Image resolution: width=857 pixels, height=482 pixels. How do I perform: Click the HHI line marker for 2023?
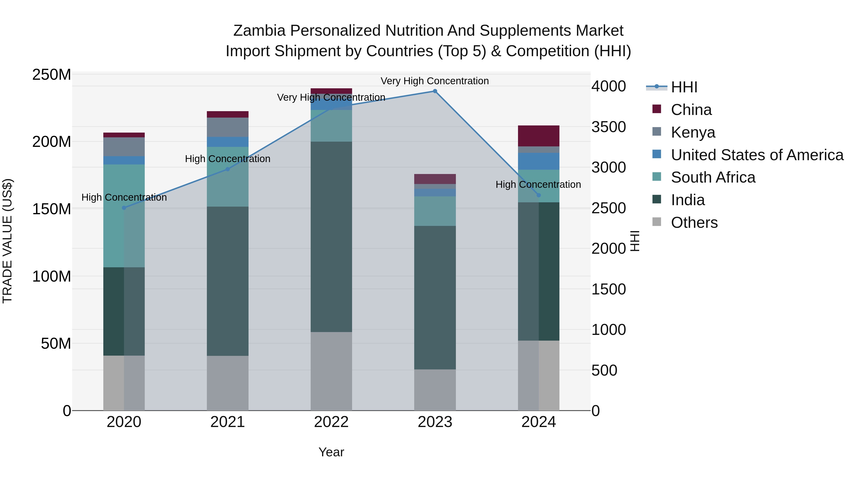(435, 91)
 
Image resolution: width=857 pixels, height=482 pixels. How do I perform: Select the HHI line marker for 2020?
(124, 208)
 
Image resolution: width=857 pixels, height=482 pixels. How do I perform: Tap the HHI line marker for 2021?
(228, 169)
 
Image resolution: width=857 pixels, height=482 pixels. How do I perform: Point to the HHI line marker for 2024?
(539, 195)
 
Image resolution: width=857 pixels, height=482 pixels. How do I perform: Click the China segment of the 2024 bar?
(539, 136)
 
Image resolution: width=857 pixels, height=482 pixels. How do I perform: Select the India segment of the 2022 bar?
(331, 237)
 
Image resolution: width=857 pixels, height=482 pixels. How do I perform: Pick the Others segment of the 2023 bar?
(435, 390)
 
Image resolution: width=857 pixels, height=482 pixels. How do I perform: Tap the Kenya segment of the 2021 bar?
(228, 127)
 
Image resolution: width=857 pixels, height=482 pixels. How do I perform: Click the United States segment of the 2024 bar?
(539, 161)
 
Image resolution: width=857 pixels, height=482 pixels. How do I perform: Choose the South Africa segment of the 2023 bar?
(435, 211)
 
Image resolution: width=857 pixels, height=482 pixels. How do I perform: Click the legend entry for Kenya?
(693, 132)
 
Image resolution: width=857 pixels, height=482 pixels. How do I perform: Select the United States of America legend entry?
(757, 155)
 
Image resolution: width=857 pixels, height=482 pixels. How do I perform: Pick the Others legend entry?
(694, 223)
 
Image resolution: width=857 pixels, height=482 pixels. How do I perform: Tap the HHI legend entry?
(684, 87)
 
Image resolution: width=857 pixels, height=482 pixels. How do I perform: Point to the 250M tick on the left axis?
(52, 75)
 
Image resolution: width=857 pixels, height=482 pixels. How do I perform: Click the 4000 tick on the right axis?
(608, 86)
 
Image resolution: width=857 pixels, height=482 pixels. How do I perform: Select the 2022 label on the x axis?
(331, 422)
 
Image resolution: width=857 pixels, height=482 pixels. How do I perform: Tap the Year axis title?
(331, 452)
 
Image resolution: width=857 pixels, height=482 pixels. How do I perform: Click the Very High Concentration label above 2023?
(435, 81)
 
